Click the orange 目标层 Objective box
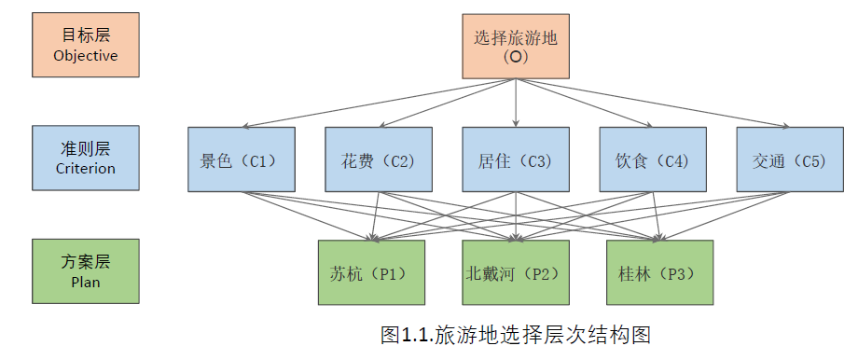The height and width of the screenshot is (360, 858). pyautogui.click(x=85, y=45)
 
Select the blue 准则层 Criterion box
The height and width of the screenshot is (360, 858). pyautogui.click(x=85, y=159)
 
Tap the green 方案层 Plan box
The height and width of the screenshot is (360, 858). pyautogui.click(x=85, y=271)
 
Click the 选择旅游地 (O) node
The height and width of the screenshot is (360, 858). pyautogui.click(x=516, y=46)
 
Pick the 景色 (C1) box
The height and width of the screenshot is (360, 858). pyautogui.click(x=241, y=159)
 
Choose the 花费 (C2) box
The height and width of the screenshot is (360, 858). pyautogui.click(x=378, y=159)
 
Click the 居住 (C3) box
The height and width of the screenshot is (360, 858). pyautogui.click(x=516, y=159)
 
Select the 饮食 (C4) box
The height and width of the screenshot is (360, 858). pyautogui.click(x=652, y=159)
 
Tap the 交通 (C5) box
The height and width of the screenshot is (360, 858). pyautogui.click(x=789, y=159)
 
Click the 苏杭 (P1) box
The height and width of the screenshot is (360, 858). pyautogui.click(x=371, y=272)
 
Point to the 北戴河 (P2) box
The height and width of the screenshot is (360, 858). pyautogui.click(x=516, y=272)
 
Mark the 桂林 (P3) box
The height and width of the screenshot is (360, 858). pyautogui.click(x=659, y=272)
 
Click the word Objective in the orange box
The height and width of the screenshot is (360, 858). pyautogui.click(x=86, y=56)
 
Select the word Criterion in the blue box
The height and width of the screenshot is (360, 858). pyautogui.click(x=86, y=169)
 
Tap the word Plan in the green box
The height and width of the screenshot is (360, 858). pyautogui.click(x=86, y=282)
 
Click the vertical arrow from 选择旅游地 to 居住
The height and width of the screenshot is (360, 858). pyautogui.click(x=516, y=103)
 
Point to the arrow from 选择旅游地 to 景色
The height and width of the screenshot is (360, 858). pyautogui.click(x=373, y=104)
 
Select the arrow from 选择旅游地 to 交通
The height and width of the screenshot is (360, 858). pyautogui.click(x=653, y=103)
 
